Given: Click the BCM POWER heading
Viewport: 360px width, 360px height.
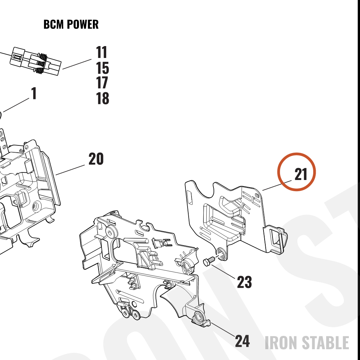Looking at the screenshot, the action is pyautogui.click(x=71, y=24).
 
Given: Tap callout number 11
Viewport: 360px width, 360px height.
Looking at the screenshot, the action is pyautogui.click(x=102, y=52).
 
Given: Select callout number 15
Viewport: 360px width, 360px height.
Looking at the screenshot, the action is pyautogui.click(x=102, y=68).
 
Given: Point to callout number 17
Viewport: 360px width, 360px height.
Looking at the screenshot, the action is pyautogui.click(x=102, y=83).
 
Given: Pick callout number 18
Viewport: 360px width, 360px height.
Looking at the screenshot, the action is pyautogui.click(x=102, y=98).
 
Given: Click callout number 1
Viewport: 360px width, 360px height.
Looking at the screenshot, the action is pyautogui.click(x=34, y=93).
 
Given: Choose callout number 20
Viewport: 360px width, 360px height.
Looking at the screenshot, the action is pyautogui.click(x=96, y=159).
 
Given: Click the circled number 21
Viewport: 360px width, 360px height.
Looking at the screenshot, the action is pyautogui.click(x=301, y=174).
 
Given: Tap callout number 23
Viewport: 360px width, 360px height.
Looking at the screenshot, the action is pyautogui.click(x=244, y=282).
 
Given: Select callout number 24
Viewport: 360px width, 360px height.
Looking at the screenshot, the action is pyautogui.click(x=242, y=341).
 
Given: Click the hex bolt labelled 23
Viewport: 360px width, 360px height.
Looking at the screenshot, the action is pyautogui.click(x=209, y=261).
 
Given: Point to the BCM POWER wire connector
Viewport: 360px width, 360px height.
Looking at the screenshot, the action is pyautogui.click(x=36, y=61).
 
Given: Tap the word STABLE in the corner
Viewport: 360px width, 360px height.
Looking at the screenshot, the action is pyautogui.click(x=325, y=343).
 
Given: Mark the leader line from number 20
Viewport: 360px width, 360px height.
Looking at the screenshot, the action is pyautogui.click(x=70, y=170).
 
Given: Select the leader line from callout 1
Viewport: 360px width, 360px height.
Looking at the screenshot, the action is pyautogui.click(x=16, y=105).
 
